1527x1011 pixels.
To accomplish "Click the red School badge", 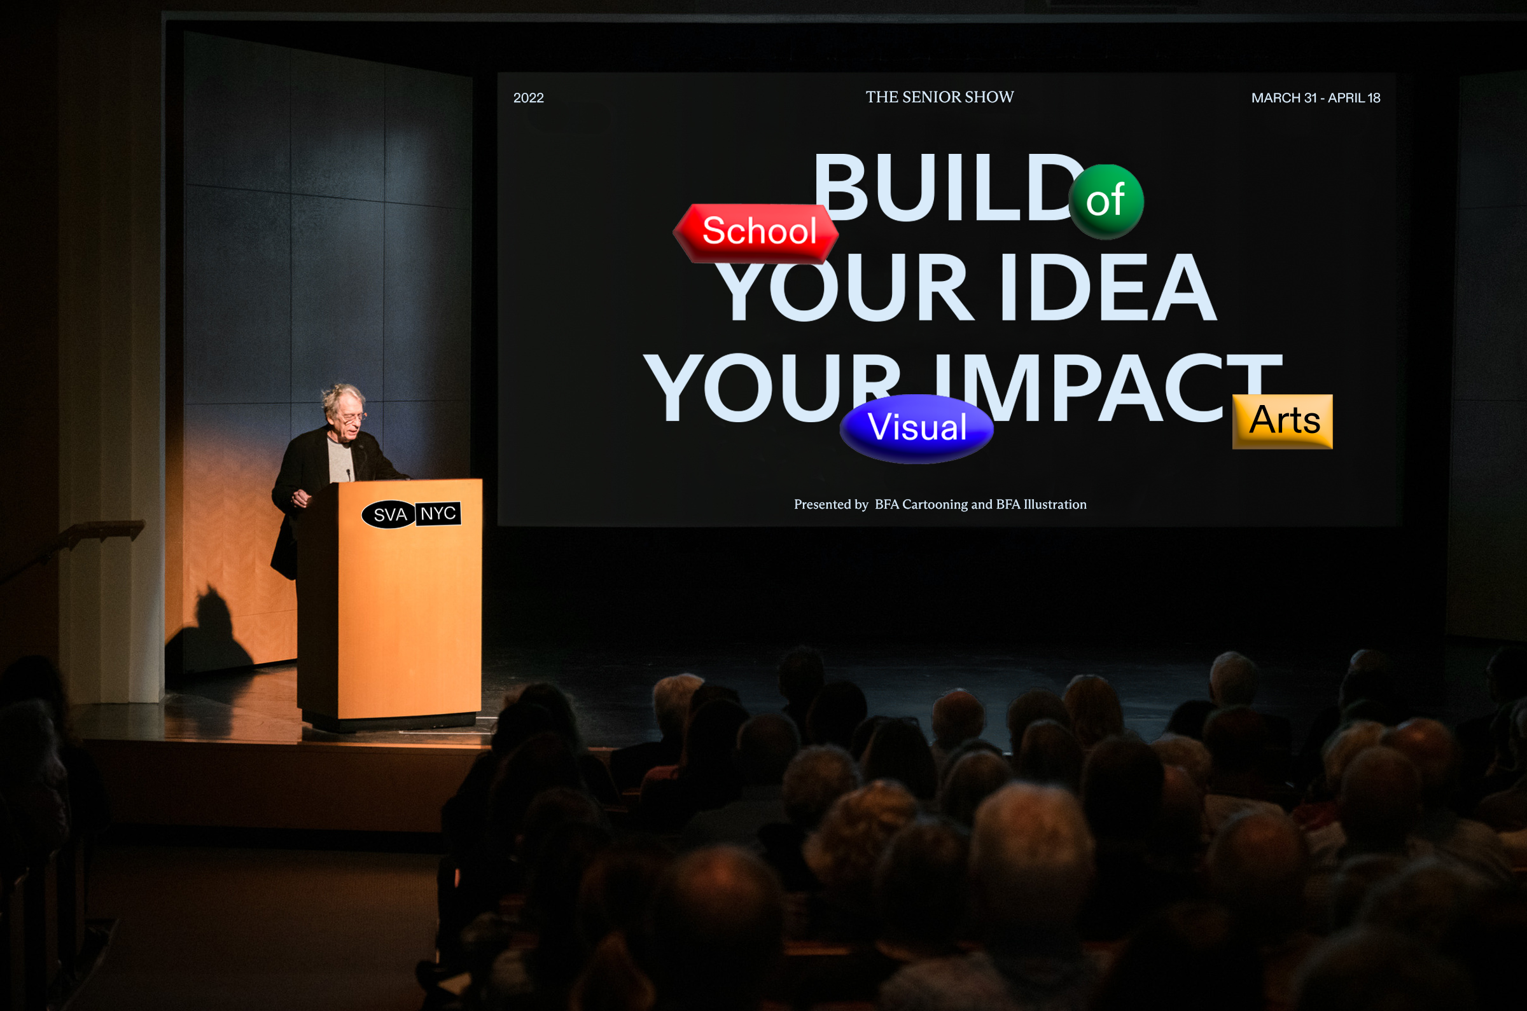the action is click(x=756, y=233).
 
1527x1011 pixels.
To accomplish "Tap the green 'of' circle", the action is click(x=1106, y=202).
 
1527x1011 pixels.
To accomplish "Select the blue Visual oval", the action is click(x=917, y=429).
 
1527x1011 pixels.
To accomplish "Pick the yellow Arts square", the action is click(x=1283, y=422).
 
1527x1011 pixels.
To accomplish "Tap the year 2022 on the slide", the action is click(x=528, y=98).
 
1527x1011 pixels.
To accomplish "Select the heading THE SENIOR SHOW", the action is click(x=939, y=97).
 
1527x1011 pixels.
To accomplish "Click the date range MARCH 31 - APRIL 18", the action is click(x=1315, y=98).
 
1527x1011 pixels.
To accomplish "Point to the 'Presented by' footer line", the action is click(x=940, y=504).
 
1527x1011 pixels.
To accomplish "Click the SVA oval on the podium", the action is click(x=389, y=514).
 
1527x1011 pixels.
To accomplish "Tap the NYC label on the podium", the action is click(x=438, y=514).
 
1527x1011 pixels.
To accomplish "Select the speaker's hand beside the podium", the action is click(x=300, y=498).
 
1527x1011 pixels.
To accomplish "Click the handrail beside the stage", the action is click(x=71, y=544).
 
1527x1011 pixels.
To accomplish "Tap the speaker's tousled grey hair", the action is click(x=342, y=396).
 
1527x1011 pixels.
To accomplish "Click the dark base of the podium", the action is click(x=390, y=722).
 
